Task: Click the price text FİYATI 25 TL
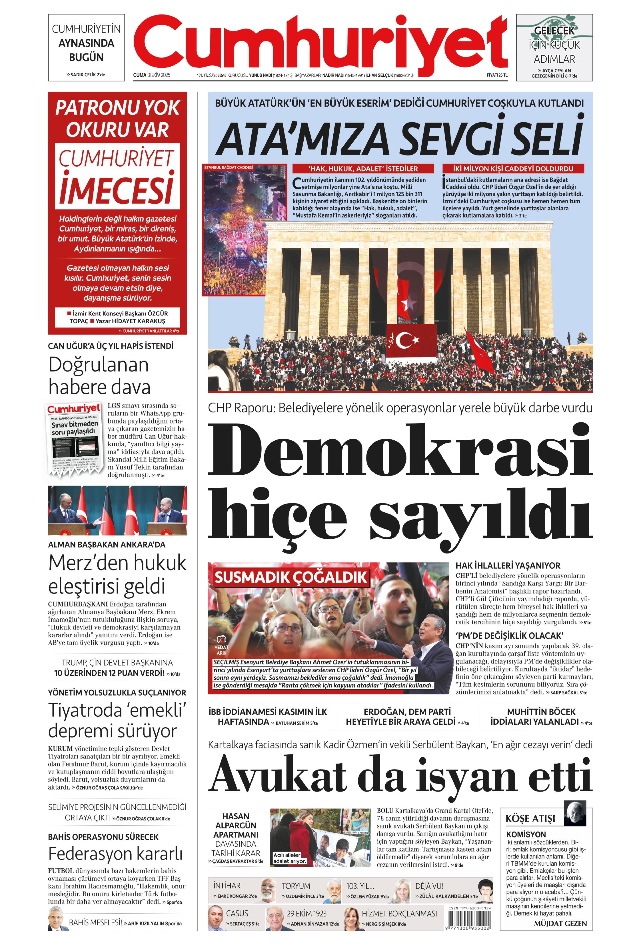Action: point(497,75)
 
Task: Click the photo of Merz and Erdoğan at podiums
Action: point(117,510)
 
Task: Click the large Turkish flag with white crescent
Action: point(411,340)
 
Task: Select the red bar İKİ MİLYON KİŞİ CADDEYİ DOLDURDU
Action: point(513,169)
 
